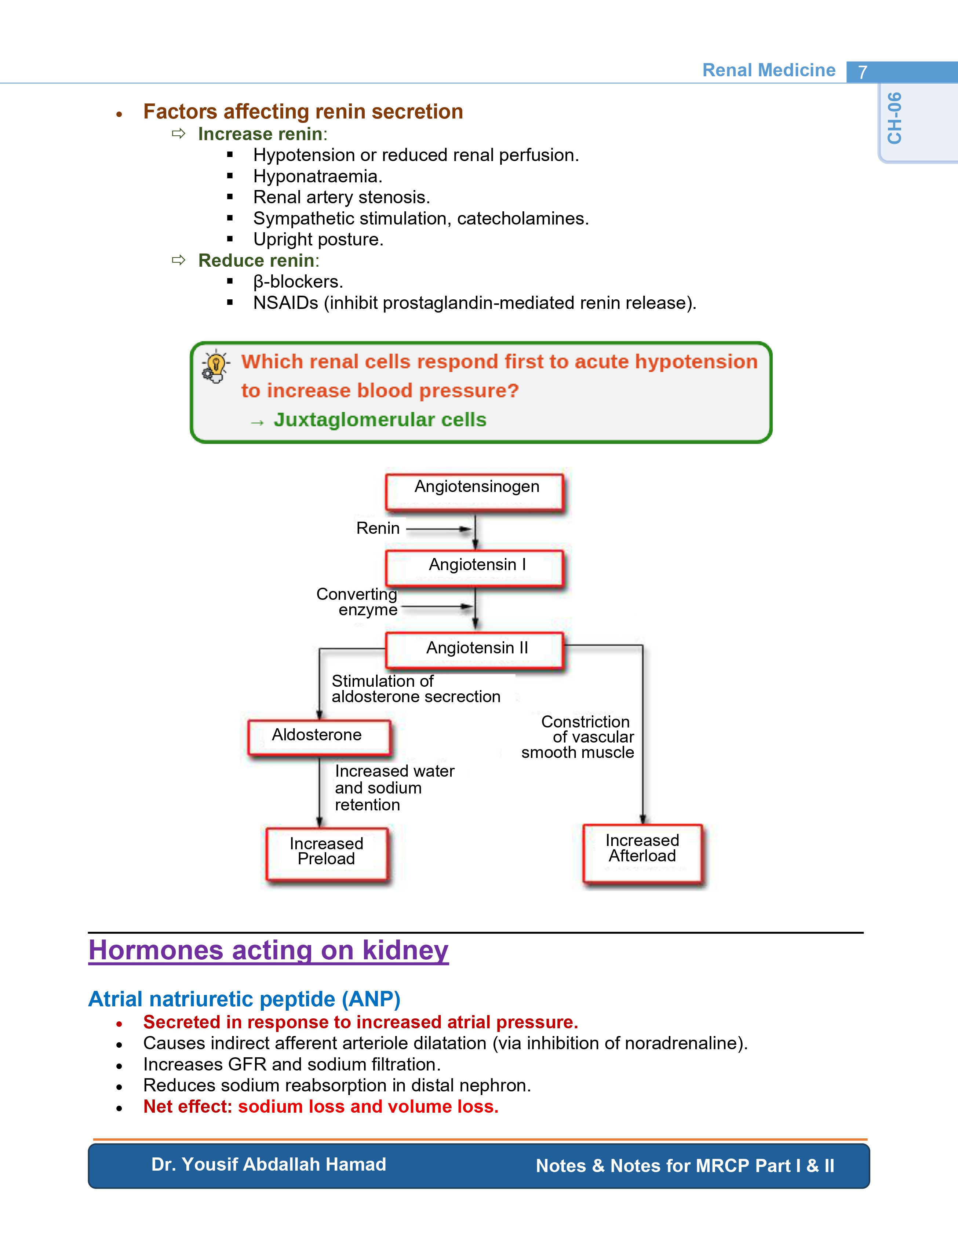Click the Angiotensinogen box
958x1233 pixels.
point(475,492)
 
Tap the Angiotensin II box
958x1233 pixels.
point(475,650)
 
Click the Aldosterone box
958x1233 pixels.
point(320,737)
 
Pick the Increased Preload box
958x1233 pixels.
point(327,854)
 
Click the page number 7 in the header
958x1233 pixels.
point(862,72)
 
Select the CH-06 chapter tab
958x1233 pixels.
point(895,118)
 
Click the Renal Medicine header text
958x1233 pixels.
point(769,70)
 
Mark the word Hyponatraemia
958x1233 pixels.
point(318,176)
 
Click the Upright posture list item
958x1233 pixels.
point(318,240)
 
